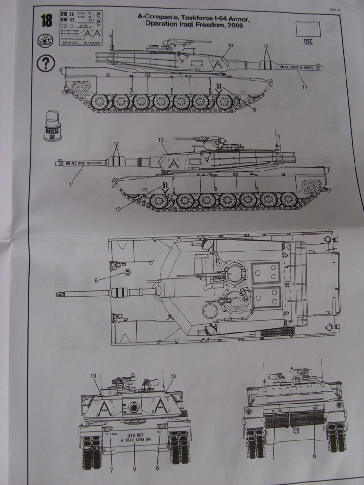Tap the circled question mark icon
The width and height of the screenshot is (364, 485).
[x=45, y=63]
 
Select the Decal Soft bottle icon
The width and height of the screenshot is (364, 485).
[x=52, y=126]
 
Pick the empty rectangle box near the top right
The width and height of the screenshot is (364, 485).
[x=308, y=29]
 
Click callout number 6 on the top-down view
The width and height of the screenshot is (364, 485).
[x=96, y=280]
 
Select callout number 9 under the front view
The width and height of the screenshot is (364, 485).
[x=135, y=469]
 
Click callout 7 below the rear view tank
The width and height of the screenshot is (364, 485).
[x=273, y=459]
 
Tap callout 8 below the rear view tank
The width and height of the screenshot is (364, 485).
[x=314, y=456]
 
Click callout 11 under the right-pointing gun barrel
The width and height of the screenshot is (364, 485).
[x=305, y=87]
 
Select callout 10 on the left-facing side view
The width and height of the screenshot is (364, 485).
[x=118, y=208]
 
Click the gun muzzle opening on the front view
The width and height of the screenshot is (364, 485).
[x=134, y=407]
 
